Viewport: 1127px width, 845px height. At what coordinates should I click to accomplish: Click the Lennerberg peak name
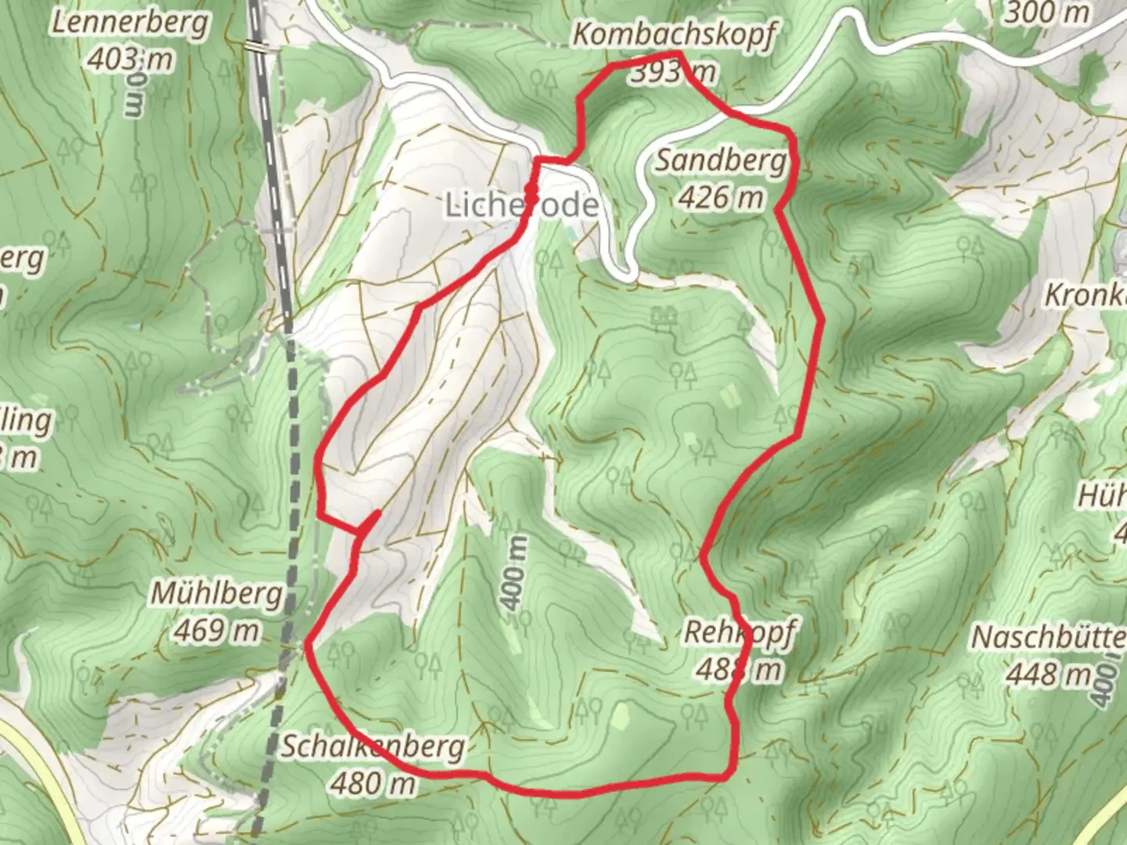click(x=131, y=23)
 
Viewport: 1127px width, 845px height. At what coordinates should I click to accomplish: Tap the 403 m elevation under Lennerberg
click(x=131, y=58)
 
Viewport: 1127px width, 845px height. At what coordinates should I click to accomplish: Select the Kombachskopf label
click(x=675, y=35)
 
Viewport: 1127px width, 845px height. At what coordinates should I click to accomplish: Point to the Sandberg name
click(x=720, y=160)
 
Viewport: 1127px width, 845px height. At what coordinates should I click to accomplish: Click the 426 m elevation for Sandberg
click(x=720, y=197)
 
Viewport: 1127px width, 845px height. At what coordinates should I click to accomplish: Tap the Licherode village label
click(x=522, y=205)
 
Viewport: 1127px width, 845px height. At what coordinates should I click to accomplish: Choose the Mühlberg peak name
click(x=217, y=594)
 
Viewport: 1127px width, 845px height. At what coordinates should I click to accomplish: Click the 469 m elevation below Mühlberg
click(x=217, y=630)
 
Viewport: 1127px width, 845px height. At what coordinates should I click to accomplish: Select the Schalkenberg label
click(x=373, y=747)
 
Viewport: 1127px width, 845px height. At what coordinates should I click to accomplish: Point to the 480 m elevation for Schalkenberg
click(x=373, y=782)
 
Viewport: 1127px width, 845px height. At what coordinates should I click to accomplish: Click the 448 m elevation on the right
click(x=1049, y=673)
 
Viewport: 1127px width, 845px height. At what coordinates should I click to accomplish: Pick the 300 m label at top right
click(x=1046, y=13)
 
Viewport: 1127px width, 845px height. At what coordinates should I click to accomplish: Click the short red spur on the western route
click(x=369, y=522)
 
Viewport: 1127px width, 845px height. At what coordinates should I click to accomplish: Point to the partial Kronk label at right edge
click(x=1086, y=296)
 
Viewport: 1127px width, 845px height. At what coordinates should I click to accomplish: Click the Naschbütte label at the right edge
click(x=1049, y=638)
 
